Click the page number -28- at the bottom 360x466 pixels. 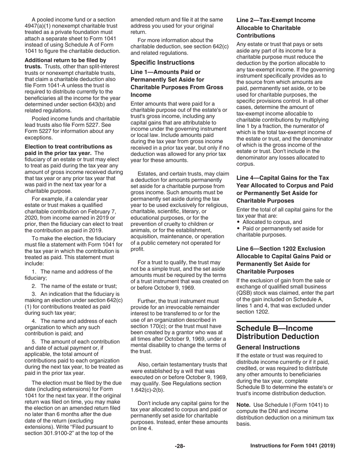[x=180, y=446]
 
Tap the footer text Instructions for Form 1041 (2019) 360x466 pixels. [x=293, y=446]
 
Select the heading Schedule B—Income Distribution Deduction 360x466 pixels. [x=277, y=332]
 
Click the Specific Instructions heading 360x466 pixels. [x=162, y=62]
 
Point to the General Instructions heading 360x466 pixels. [x=268, y=347]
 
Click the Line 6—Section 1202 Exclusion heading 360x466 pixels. [x=280, y=249]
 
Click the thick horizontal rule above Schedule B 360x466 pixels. [x=286, y=321]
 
